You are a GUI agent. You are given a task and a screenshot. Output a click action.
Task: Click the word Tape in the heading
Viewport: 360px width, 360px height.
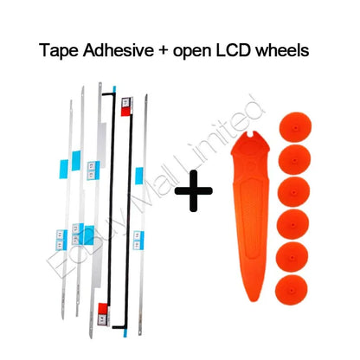click(59, 50)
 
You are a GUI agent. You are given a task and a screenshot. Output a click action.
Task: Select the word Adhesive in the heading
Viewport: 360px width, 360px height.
click(119, 50)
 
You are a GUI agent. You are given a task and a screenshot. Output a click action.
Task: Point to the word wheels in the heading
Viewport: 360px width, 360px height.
click(283, 50)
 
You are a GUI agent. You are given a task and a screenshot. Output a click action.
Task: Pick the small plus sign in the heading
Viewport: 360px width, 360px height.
click(163, 51)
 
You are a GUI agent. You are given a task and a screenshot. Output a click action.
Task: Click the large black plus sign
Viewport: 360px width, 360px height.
click(194, 190)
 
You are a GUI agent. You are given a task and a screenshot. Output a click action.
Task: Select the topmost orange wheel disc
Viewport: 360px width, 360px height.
click(295, 127)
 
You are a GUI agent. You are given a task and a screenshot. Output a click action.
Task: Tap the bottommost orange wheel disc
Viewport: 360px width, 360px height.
click(291, 290)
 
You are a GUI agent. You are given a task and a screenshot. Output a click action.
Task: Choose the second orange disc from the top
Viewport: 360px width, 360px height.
click(294, 159)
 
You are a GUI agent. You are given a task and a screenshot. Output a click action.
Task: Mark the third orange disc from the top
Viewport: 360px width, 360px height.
click(293, 192)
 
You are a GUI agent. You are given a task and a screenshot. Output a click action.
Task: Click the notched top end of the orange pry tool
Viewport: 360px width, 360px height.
click(252, 135)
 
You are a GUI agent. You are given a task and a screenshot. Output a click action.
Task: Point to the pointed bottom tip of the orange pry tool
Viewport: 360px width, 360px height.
click(253, 299)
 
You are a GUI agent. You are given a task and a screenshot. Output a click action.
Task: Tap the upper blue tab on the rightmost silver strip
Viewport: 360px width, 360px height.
click(139, 176)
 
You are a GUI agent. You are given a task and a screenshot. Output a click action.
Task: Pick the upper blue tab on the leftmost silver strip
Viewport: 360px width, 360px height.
click(64, 169)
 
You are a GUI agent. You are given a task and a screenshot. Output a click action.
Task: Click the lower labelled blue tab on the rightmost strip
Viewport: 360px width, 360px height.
click(138, 240)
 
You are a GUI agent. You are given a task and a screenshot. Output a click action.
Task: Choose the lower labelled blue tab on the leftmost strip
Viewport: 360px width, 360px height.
click(61, 240)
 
